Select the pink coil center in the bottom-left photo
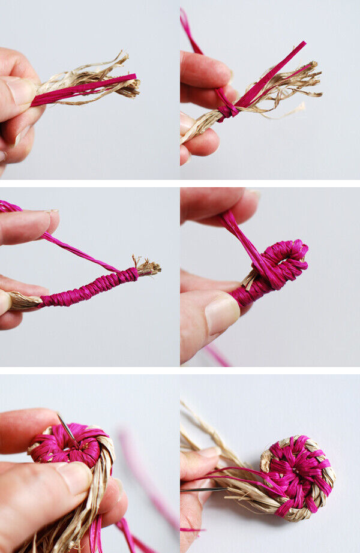coord(64,447)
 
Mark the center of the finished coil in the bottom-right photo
coord(295,474)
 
